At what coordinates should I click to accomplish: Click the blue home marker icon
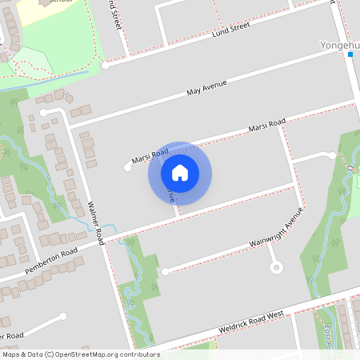pyautogui.click(x=180, y=172)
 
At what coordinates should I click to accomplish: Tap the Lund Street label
pyautogui.click(x=230, y=30)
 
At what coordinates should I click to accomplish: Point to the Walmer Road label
pyautogui.click(x=95, y=222)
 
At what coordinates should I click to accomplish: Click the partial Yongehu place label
pyautogui.click(x=339, y=45)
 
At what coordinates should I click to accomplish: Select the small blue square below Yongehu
pyautogui.click(x=350, y=55)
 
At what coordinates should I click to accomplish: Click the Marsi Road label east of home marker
pyautogui.click(x=266, y=126)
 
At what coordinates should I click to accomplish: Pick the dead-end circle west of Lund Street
pyautogui.click(x=104, y=65)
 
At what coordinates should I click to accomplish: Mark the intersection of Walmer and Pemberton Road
pyautogui.click(x=106, y=240)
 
